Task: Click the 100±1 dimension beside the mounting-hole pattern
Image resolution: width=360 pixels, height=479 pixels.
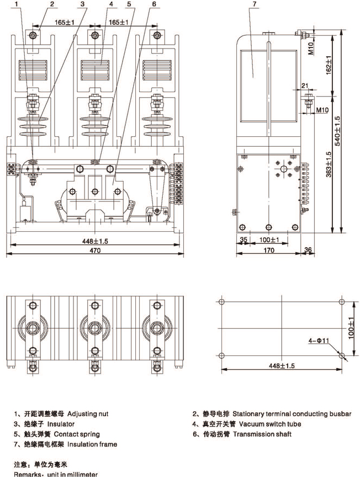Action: click(351, 328)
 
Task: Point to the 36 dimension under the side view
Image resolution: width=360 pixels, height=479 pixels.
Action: click(308, 250)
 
